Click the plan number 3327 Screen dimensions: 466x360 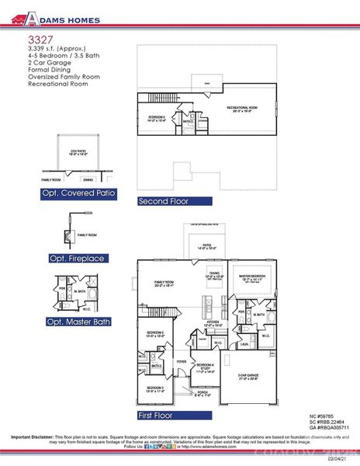click(40, 37)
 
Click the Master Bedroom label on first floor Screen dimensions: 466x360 click(253, 276)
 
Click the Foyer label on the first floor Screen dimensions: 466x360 click(180, 361)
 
